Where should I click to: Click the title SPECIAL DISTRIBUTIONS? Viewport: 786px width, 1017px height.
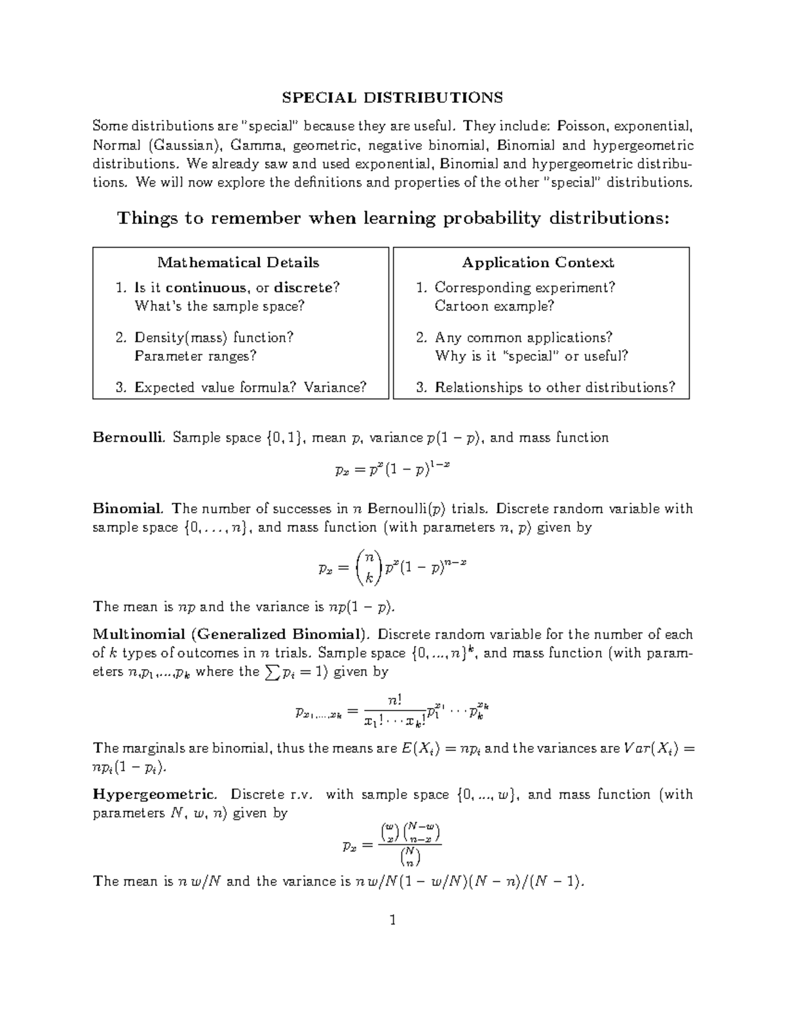[392, 98]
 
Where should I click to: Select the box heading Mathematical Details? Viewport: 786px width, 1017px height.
[238, 263]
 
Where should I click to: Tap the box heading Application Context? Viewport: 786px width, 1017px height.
[538, 263]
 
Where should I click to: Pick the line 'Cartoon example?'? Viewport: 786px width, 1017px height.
[494, 306]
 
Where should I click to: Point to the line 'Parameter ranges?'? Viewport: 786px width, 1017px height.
[195, 356]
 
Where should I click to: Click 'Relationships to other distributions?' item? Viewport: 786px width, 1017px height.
[554, 388]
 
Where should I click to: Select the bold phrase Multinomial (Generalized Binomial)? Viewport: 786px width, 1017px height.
[232, 635]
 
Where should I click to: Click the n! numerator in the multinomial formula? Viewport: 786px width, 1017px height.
[394, 700]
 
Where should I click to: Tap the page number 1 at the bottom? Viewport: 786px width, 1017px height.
[392, 921]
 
